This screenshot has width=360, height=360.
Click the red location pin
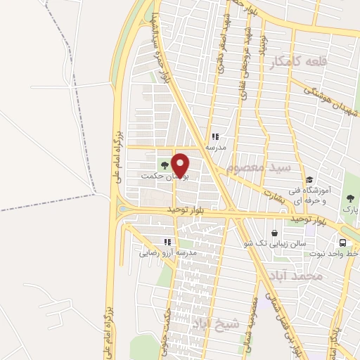181,165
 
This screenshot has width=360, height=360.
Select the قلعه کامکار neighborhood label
299,63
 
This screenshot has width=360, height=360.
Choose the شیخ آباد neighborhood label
217,323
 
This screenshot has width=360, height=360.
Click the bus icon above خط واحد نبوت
342,244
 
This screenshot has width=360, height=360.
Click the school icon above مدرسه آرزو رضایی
168,240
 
